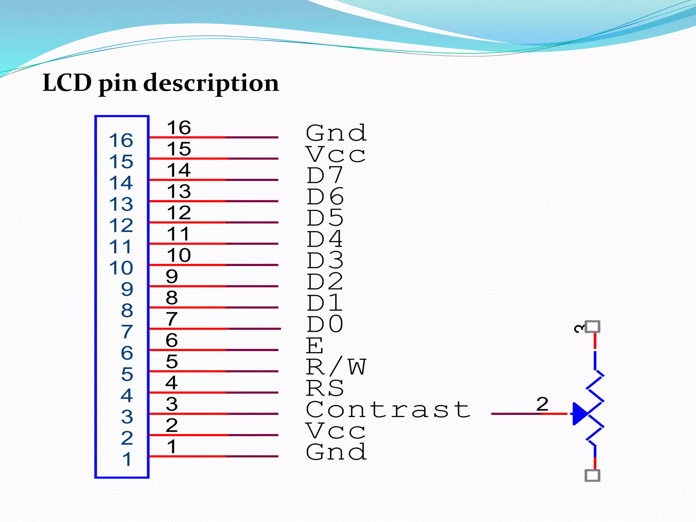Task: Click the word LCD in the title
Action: pyautogui.click(x=67, y=83)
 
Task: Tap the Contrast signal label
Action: pyautogui.click(x=388, y=409)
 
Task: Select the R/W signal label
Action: pyautogui.click(x=336, y=367)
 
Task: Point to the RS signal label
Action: pyautogui.click(x=325, y=388)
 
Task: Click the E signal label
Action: pyautogui.click(x=315, y=346)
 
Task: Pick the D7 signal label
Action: pyautogui.click(x=325, y=175)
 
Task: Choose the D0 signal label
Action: pyautogui.click(x=325, y=324)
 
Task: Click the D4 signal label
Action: pyautogui.click(x=325, y=239)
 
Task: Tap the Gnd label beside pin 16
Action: pyautogui.click(x=336, y=133)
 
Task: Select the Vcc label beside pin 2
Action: pyautogui.click(x=335, y=431)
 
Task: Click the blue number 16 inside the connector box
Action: pyautogui.click(x=121, y=140)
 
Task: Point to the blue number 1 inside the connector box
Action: pyautogui.click(x=127, y=459)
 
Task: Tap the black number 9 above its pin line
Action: pyautogui.click(x=172, y=277)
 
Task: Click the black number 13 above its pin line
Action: pyautogui.click(x=179, y=192)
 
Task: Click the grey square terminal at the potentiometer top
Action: pyautogui.click(x=592, y=327)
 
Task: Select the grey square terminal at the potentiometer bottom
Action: pyautogui.click(x=592, y=475)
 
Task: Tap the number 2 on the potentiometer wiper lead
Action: pyautogui.click(x=542, y=404)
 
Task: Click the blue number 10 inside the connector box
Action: pyautogui.click(x=121, y=268)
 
